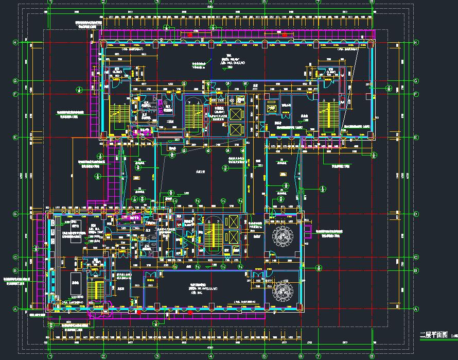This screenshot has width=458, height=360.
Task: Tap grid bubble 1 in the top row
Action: [x=50, y=2]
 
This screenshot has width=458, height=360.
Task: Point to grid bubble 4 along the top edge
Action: [x=210, y=2]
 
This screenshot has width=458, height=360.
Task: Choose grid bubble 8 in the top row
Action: [x=372, y=2]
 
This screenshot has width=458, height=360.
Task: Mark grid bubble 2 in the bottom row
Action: [x=103, y=355]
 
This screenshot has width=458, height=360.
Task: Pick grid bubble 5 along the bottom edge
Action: [x=263, y=355]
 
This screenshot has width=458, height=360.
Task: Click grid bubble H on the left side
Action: [x=15, y=42]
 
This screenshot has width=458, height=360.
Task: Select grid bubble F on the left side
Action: [x=15, y=94]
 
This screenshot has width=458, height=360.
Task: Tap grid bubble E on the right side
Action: [x=416, y=138]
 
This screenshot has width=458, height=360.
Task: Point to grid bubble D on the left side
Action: [x=15, y=214]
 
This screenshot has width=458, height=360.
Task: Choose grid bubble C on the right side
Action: [x=416, y=256]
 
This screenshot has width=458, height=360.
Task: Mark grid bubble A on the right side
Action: [x=416, y=308]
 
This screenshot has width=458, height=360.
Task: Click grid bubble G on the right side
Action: [x=416, y=81]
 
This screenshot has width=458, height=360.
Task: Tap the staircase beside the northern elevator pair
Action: [x=194, y=114]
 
